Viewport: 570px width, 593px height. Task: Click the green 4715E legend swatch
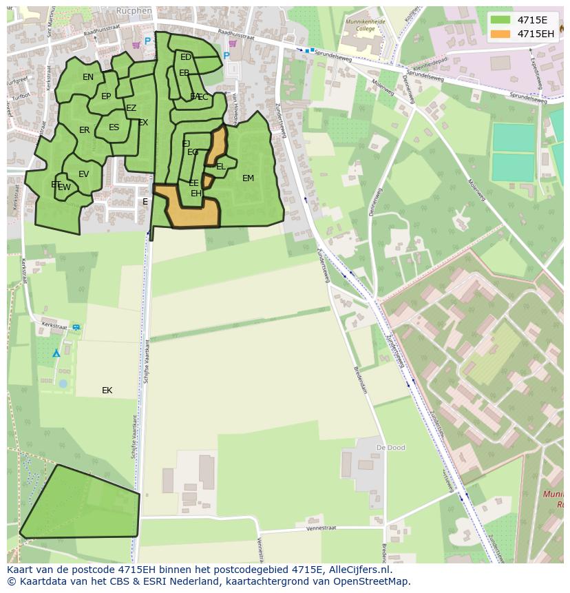coord(500,20)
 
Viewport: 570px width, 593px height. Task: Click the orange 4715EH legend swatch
coord(500,34)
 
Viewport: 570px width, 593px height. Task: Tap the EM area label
coord(248,178)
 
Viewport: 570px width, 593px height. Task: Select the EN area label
coord(88,77)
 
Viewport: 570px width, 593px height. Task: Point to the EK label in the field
coord(107,391)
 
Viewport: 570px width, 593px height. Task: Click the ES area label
coord(114,127)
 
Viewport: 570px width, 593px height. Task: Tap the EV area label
coord(83,174)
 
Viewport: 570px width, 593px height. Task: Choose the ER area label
coord(84,130)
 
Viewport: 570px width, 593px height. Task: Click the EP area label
coord(106,96)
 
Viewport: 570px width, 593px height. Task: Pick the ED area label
coord(186,58)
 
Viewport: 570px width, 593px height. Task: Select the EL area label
coord(221,167)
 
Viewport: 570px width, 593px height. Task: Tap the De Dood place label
coord(390,448)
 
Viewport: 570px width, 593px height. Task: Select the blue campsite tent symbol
coord(56,353)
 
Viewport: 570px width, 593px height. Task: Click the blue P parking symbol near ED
coord(226,56)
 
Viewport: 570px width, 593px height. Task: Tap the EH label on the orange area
coord(196,194)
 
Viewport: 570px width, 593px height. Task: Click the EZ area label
coord(131,108)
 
